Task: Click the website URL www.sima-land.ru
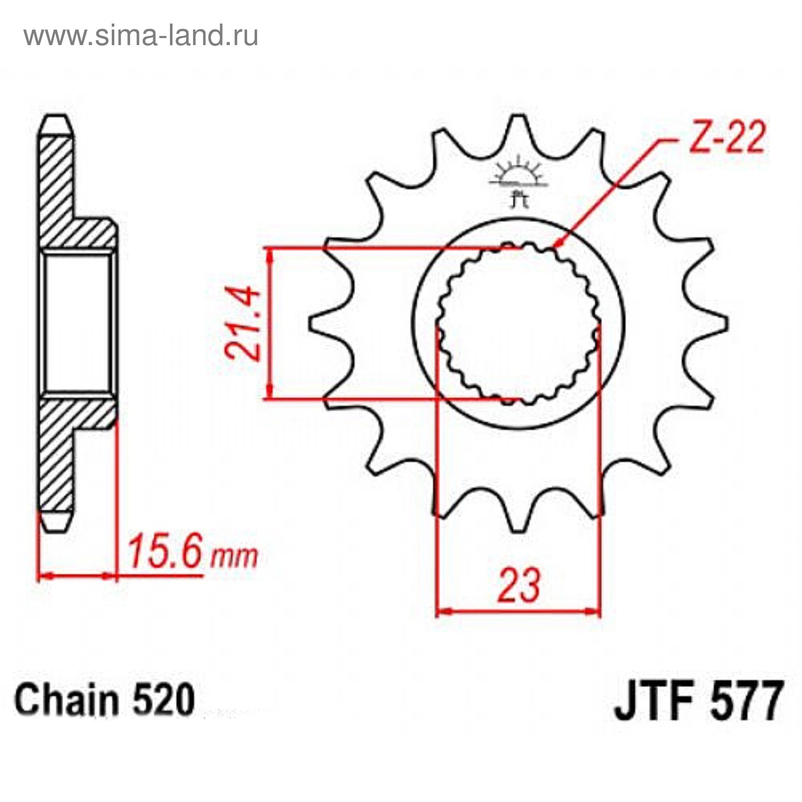(x=141, y=36)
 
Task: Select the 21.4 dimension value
(x=244, y=323)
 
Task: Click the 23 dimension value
(x=519, y=584)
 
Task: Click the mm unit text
(x=234, y=556)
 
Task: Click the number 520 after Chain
(x=163, y=700)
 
